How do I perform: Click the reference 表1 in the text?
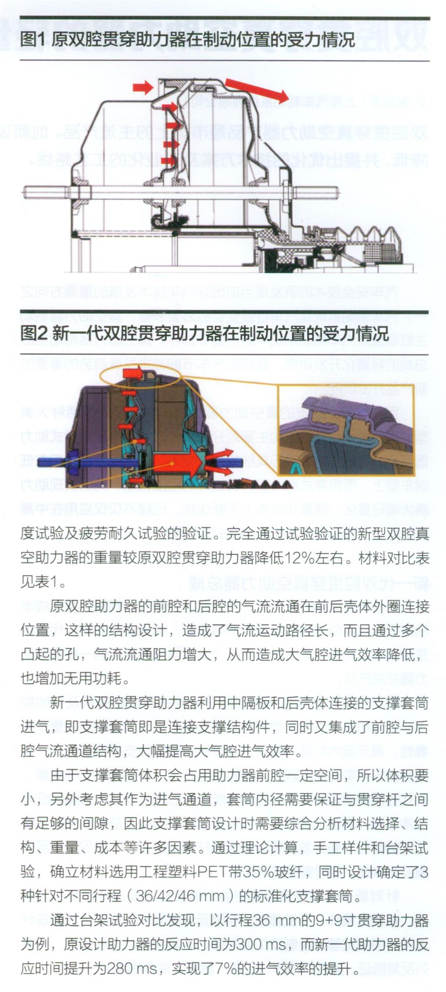pyautogui.click(x=44, y=582)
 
